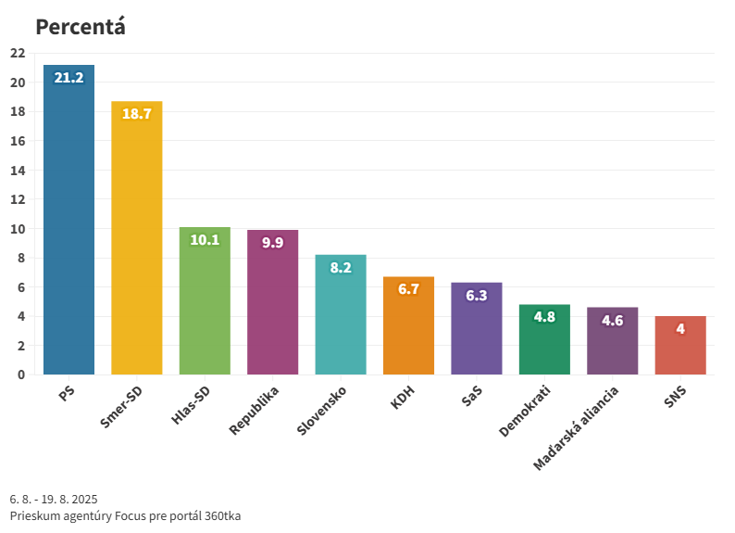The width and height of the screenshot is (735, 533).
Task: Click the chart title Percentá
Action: point(81,27)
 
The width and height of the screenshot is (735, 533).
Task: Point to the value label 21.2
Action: point(69,78)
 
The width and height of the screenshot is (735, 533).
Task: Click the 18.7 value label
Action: point(137,114)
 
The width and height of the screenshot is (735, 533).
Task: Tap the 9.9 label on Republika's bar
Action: point(272,243)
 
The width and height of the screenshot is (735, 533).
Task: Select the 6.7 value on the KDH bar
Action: point(408,289)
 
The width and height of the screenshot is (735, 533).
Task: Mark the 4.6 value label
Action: point(613,321)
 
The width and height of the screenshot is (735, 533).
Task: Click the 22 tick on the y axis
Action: point(17,53)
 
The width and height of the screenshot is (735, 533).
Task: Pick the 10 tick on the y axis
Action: point(17,229)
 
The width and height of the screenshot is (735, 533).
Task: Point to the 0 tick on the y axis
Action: point(20,374)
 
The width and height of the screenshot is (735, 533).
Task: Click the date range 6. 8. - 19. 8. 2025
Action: point(54,499)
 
